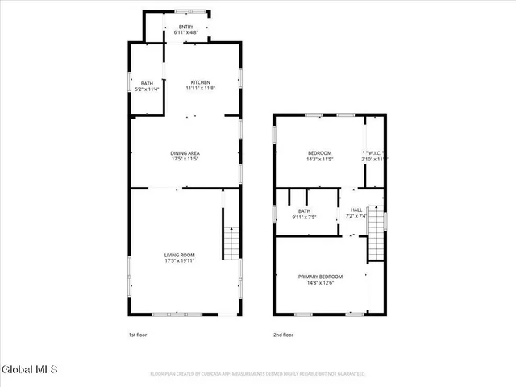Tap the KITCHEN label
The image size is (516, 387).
pos(200,82)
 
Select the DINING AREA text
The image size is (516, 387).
pos(185,153)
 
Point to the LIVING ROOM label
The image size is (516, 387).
pos(180,255)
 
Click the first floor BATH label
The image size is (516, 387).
pos(147,83)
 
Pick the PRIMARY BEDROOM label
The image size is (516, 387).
pos(320,277)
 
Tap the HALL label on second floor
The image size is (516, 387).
pos(356,210)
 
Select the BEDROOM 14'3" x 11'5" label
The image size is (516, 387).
pos(320,153)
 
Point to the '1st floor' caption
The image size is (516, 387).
pos(137,335)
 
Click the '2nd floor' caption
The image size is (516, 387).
pos(283,335)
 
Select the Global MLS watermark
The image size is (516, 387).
pos(30,370)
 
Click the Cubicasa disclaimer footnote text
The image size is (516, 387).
pos(258,374)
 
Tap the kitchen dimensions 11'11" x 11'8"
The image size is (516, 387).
pos(200,88)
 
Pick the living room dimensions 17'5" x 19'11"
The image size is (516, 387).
pos(180,260)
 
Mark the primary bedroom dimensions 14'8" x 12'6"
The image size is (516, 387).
pos(320,282)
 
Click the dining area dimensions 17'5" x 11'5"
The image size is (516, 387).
pos(185,159)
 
